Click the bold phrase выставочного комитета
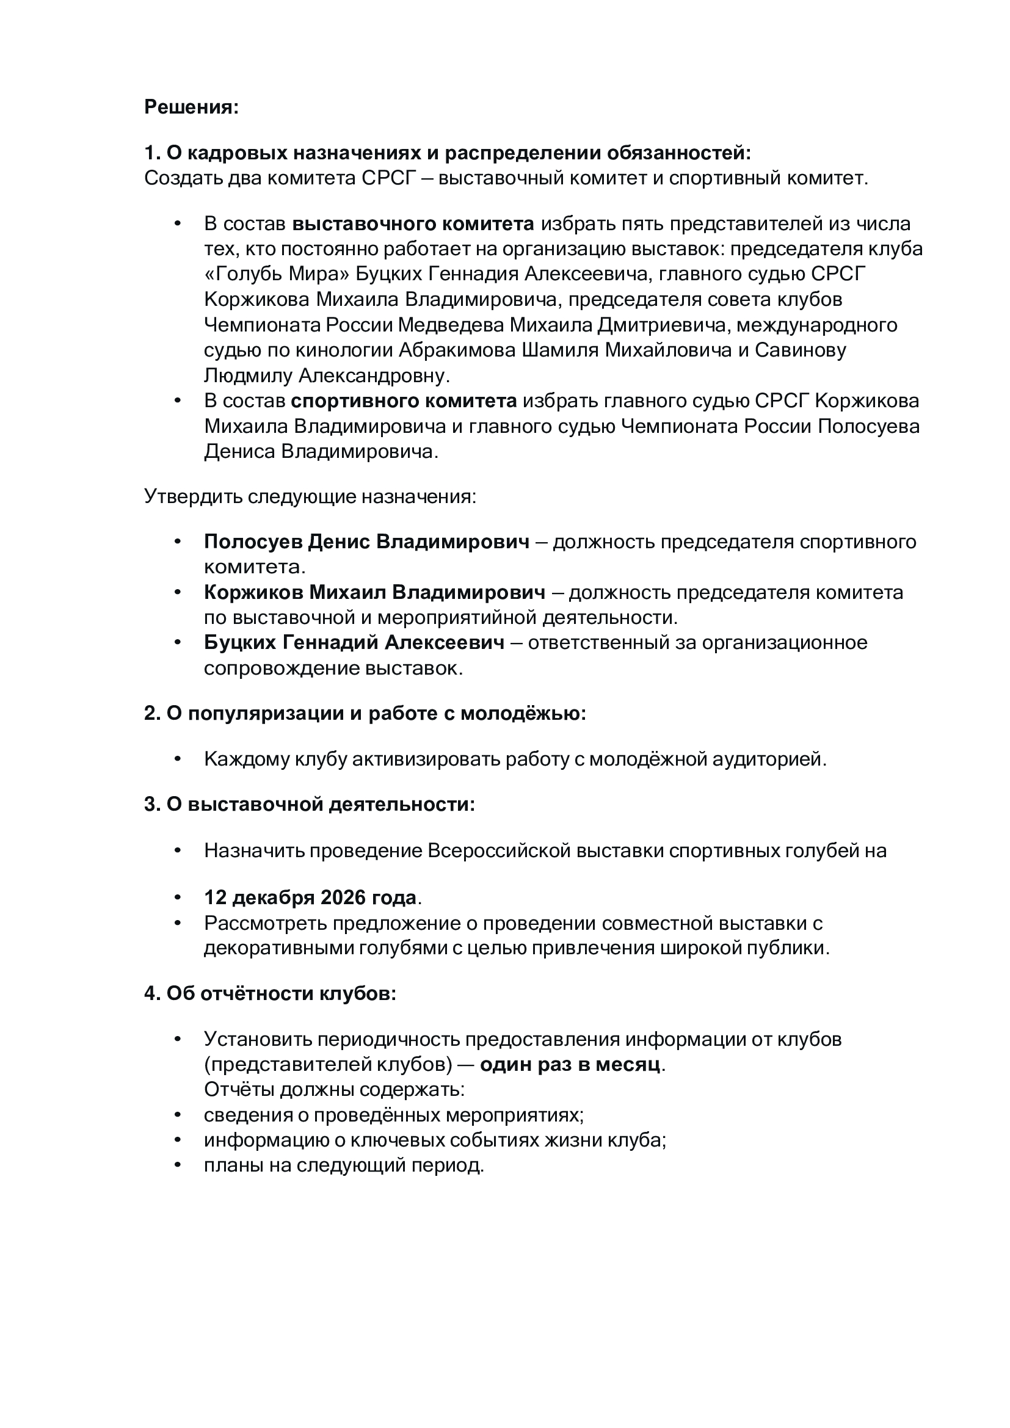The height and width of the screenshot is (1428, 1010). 413,224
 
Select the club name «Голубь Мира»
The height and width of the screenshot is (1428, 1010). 277,274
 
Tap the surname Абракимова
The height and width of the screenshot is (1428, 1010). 457,351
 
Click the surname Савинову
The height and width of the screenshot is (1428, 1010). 801,351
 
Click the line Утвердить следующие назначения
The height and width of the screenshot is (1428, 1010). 310,497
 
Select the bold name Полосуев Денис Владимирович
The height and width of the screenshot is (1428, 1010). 367,542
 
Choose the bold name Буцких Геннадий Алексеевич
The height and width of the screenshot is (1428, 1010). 354,643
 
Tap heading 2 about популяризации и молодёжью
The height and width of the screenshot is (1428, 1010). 365,713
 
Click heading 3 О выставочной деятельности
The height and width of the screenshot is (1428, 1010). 310,805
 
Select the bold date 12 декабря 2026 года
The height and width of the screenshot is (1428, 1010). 310,898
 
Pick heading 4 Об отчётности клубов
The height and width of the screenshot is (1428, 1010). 270,994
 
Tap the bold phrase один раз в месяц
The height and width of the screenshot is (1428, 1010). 570,1065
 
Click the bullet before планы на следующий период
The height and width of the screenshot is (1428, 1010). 178,1165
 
